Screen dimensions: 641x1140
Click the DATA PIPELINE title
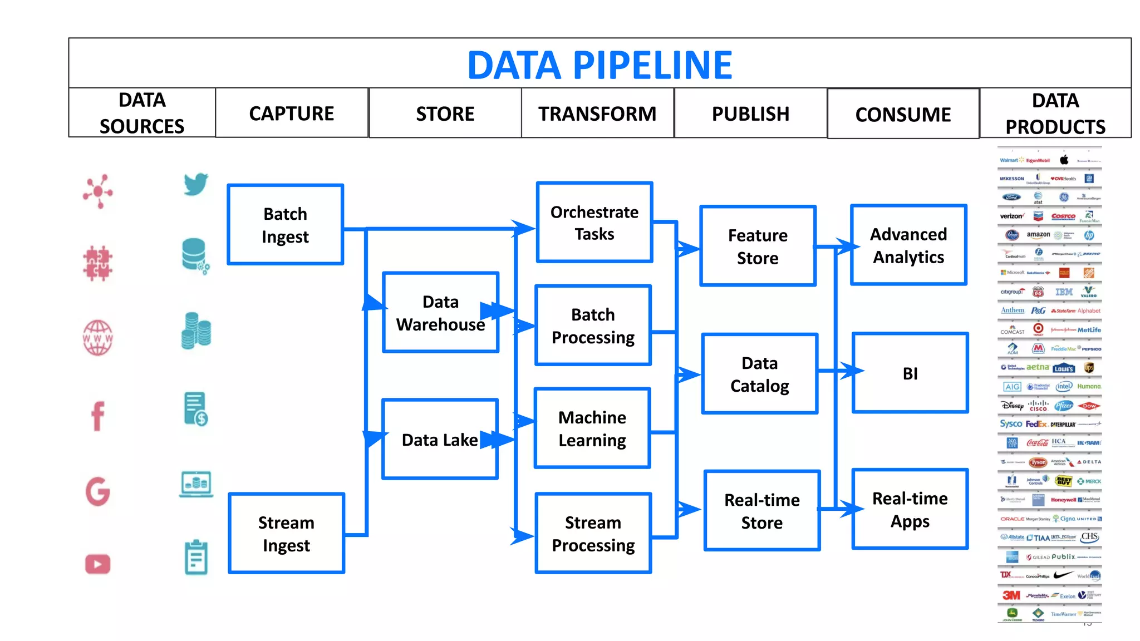[x=600, y=65]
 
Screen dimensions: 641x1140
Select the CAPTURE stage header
[x=292, y=114]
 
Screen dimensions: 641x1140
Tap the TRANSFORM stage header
[x=597, y=114]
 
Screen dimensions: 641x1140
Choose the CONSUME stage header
[x=903, y=115]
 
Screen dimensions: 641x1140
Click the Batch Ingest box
[x=285, y=225]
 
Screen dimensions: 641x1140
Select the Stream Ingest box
[x=286, y=534]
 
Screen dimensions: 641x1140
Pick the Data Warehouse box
[x=440, y=313]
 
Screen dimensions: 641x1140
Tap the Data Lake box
[x=440, y=440]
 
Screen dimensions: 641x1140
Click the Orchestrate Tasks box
[x=594, y=223]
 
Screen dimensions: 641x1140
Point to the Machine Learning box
[x=592, y=428]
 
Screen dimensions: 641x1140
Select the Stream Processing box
[x=593, y=534]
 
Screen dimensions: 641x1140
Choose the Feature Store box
[x=758, y=246]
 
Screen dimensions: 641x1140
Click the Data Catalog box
[x=759, y=374]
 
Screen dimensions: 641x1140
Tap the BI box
[x=910, y=373]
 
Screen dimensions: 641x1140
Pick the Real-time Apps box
[x=910, y=510]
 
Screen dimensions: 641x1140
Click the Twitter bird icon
[x=196, y=184]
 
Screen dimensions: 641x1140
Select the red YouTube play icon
[x=98, y=564]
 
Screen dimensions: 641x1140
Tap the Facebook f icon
[x=98, y=416]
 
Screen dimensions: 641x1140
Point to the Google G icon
[x=98, y=491]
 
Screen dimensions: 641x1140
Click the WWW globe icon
[x=98, y=338]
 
